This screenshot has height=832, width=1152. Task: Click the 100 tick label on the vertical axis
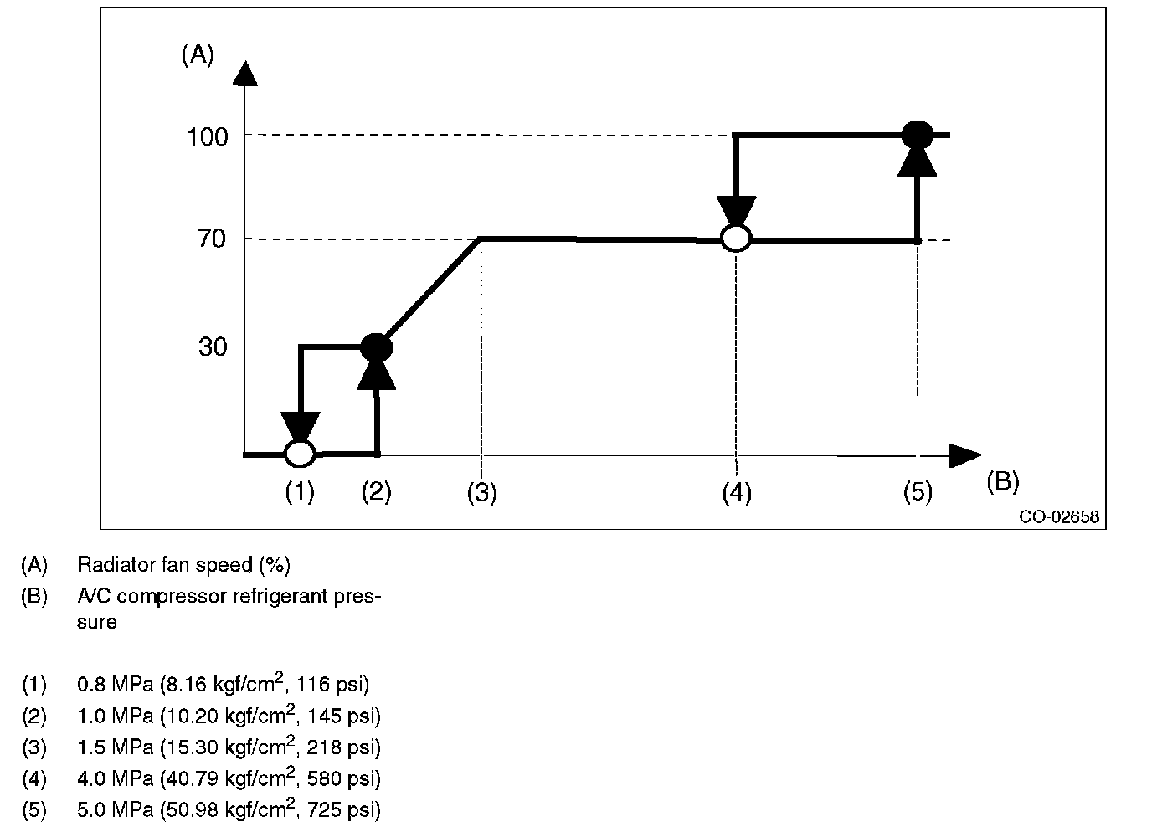(x=207, y=136)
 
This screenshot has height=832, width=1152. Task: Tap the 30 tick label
(x=213, y=347)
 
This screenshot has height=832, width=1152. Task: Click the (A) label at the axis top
(x=198, y=55)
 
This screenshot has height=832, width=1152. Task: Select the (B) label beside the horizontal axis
(x=1003, y=481)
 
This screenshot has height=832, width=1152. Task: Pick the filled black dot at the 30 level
(x=376, y=346)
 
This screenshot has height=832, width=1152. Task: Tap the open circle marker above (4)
(x=736, y=239)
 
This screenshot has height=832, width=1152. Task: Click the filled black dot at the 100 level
(x=918, y=134)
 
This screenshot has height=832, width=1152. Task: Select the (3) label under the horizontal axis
(x=481, y=493)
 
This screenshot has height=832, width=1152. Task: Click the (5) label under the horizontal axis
(x=918, y=492)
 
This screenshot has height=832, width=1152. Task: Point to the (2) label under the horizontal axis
(x=376, y=491)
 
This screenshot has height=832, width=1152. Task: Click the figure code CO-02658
(x=1058, y=517)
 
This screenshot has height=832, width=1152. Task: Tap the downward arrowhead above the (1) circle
(x=301, y=426)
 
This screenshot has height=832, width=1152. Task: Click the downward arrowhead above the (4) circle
(x=736, y=211)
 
